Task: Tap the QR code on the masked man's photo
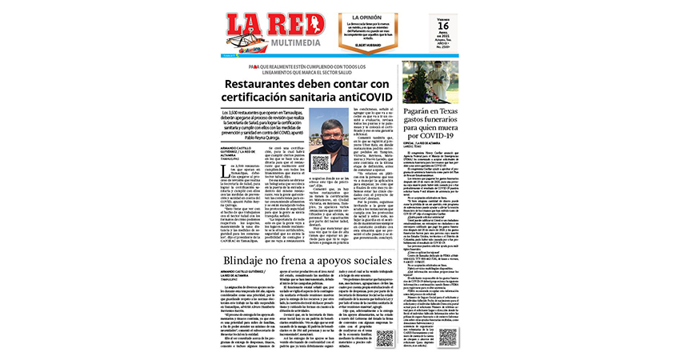319,164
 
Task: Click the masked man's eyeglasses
331,137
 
